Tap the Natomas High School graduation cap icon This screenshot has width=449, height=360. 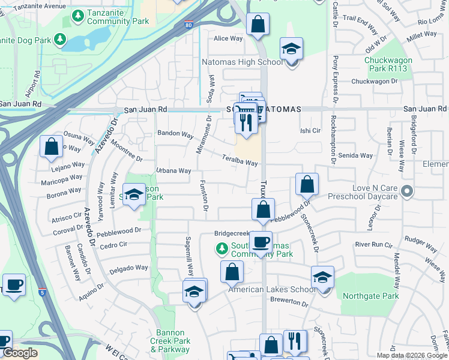(x=291, y=48)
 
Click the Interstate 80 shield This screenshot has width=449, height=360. (x=188, y=25)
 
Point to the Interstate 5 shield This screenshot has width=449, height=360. (x=41, y=292)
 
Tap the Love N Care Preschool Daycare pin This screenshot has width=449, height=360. (x=408, y=192)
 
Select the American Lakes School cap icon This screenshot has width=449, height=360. (x=322, y=277)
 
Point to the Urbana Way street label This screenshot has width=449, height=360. (x=173, y=171)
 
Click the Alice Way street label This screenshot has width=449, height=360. (x=228, y=38)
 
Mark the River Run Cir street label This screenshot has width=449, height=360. (x=373, y=245)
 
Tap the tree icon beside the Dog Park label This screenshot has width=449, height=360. (x=59, y=40)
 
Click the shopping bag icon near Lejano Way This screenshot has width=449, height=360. (x=52, y=145)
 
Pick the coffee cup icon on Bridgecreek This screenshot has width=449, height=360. (x=261, y=242)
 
